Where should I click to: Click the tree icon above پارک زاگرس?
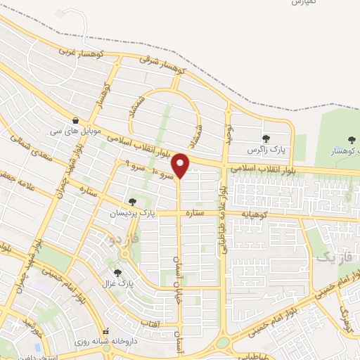point(266,139)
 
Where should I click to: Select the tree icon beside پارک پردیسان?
point(133,202)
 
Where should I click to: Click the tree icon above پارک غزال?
point(117,273)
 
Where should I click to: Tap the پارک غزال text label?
point(120,284)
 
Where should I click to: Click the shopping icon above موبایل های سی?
point(75,120)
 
